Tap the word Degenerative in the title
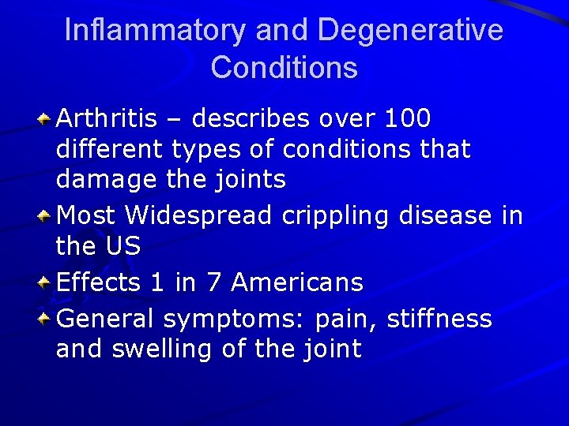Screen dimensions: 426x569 point(410,31)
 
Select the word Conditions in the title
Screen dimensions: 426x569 point(284,68)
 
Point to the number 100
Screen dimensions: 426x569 point(407,119)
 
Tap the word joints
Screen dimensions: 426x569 point(247,181)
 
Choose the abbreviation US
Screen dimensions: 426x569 point(122,246)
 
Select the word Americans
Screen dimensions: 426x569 point(297,282)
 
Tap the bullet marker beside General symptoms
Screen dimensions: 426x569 point(46,319)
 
